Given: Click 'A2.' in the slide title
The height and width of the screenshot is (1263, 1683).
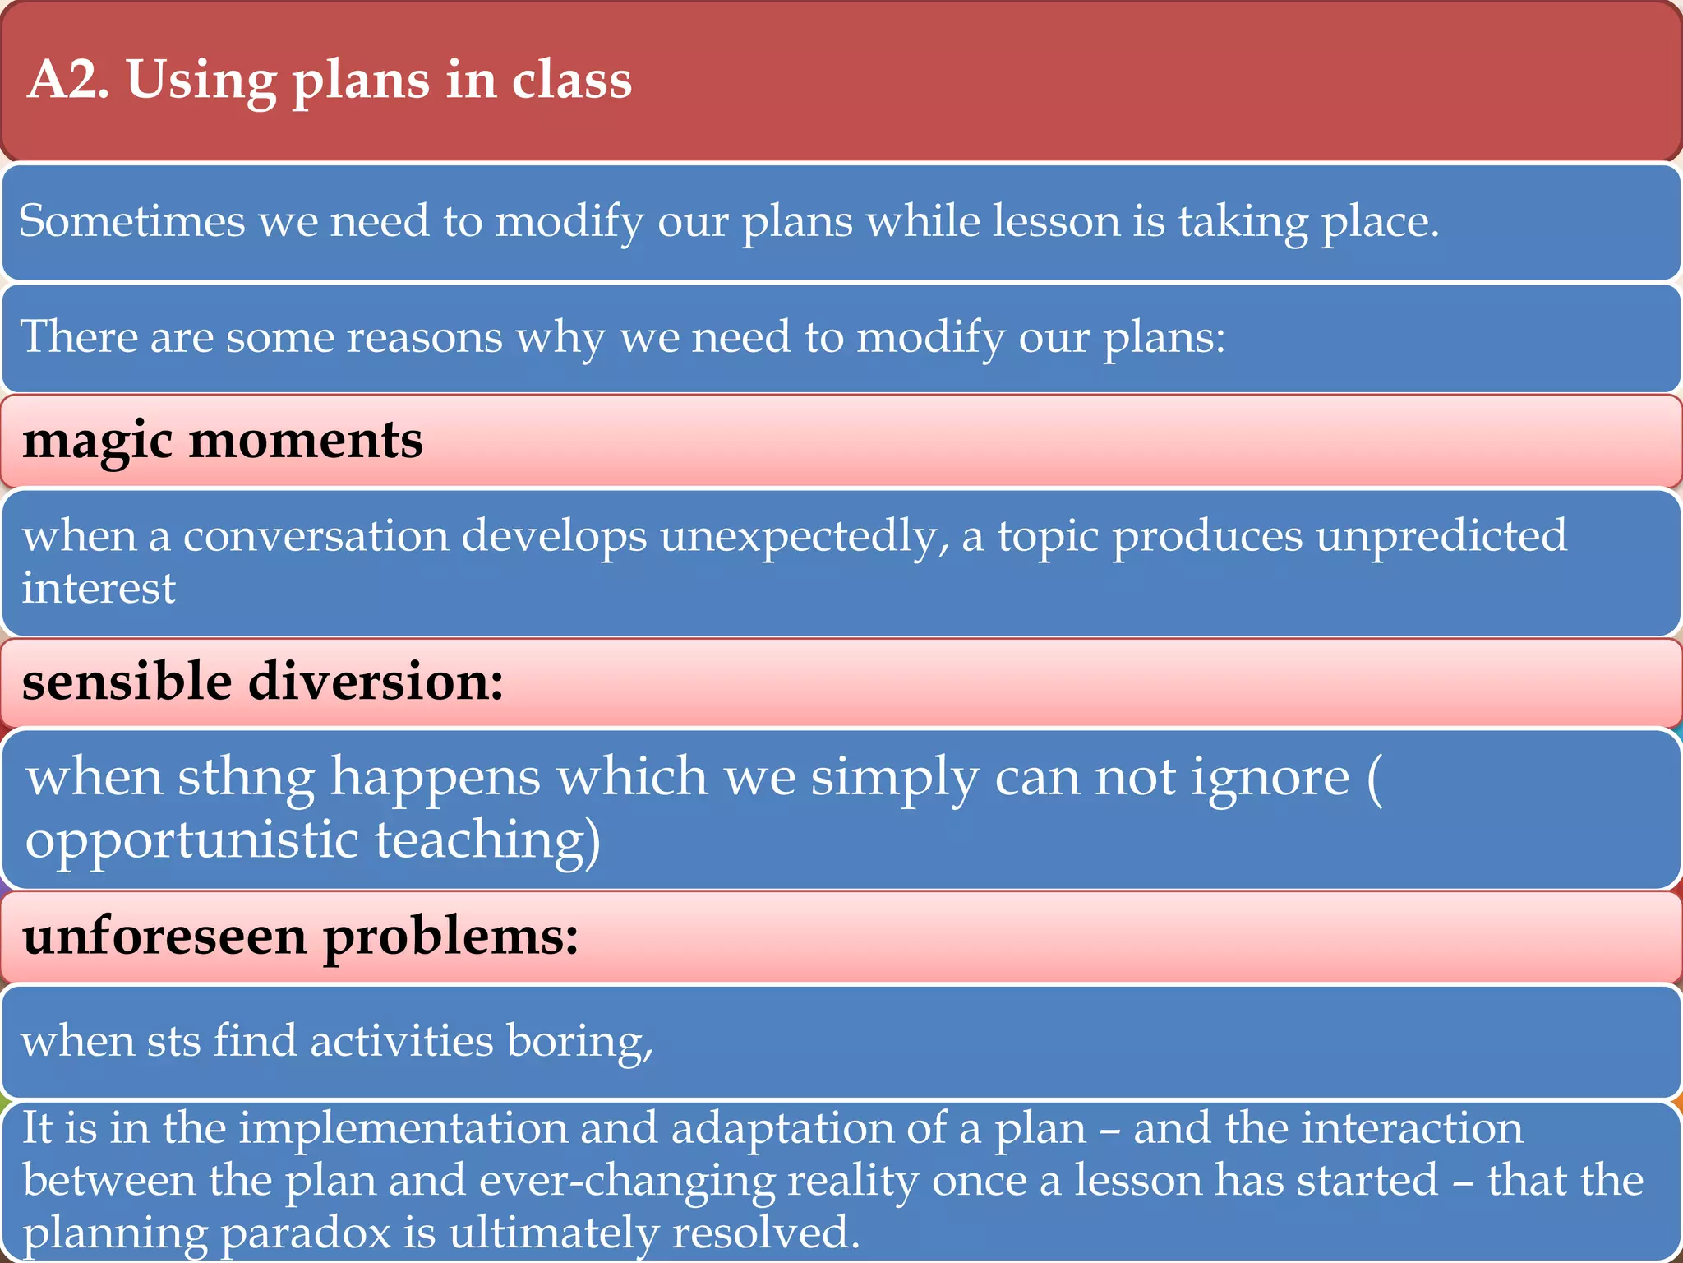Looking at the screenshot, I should [x=67, y=81].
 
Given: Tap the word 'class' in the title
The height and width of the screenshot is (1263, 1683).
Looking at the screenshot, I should [x=572, y=81].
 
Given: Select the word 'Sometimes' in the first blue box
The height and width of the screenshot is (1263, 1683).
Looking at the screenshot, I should [x=131, y=222].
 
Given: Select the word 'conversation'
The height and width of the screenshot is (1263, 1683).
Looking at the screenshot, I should [x=316, y=536].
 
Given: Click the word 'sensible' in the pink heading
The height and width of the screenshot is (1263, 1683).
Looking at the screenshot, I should [x=127, y=682].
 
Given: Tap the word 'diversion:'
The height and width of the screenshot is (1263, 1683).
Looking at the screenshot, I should [x=376, y=682].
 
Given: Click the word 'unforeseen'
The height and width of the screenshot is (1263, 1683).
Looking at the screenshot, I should [x=164, y=937].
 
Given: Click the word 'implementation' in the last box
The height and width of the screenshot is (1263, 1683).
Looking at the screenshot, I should [x=403, y=1128].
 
